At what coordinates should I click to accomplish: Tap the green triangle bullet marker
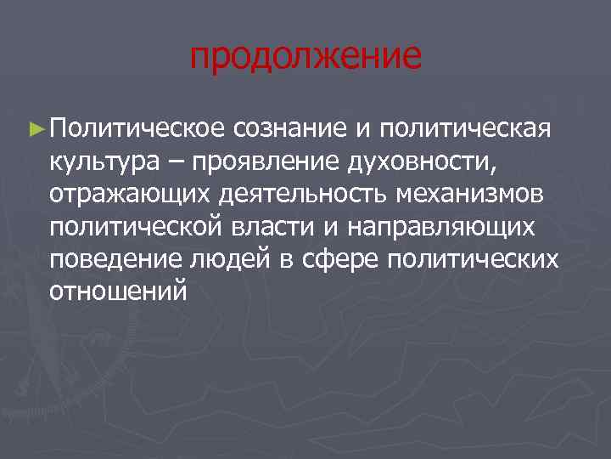click(x=35, y=128)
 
